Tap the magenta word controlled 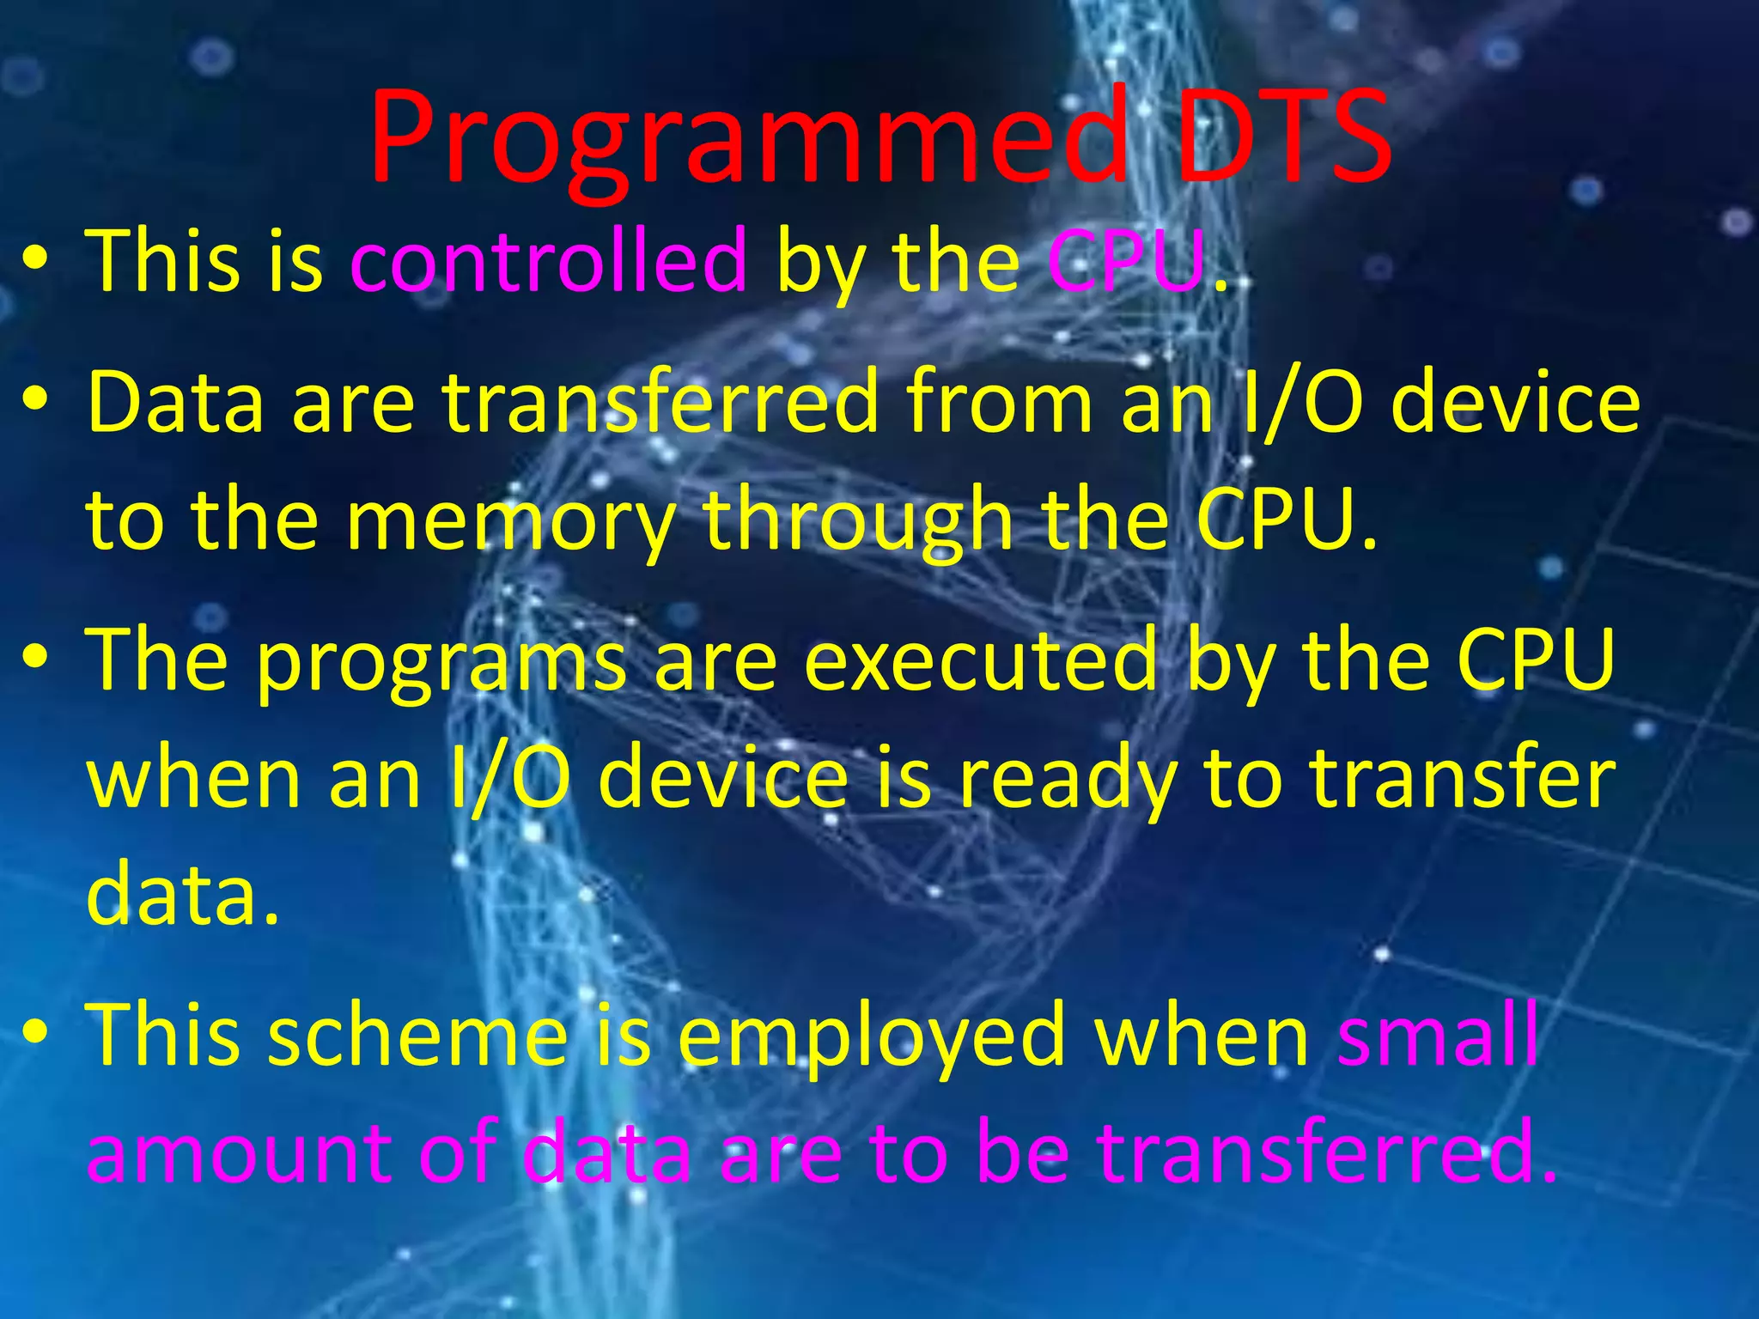point(550,260)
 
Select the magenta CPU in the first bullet point(1125,260)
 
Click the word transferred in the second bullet point(660,402)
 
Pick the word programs point(441,661)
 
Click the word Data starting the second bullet point(175,402)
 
